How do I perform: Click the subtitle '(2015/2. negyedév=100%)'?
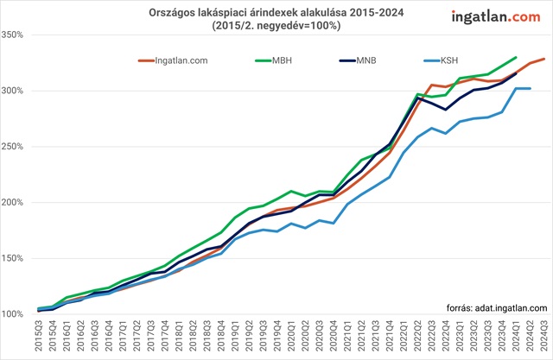pos(276,27)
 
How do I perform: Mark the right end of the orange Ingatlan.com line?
pos(543,59)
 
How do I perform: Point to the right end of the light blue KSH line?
pos(529,89)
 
